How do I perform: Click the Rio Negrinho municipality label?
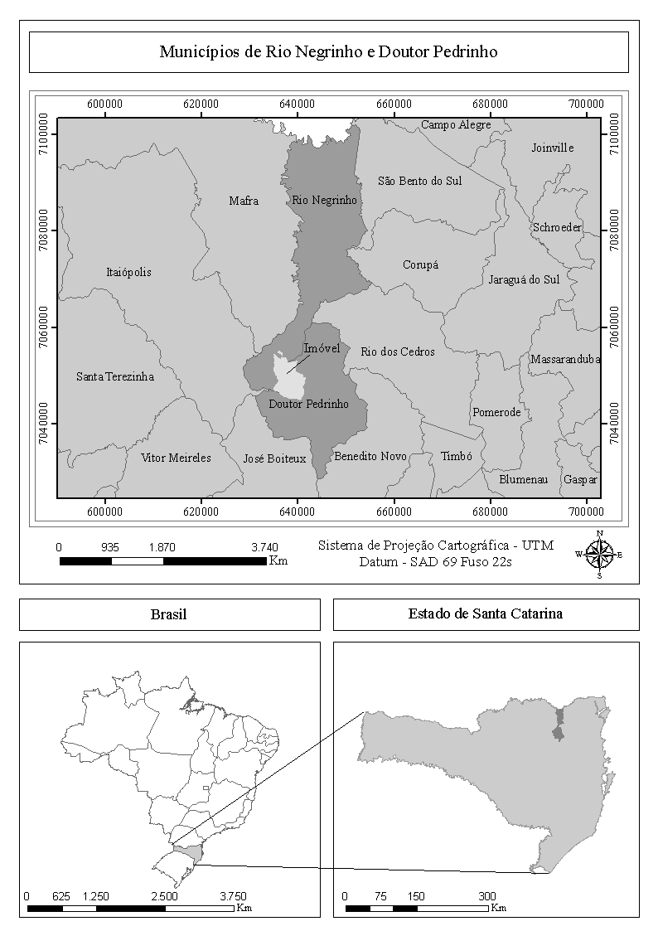tap(324, 201)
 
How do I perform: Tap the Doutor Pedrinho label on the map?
tap(308, 405)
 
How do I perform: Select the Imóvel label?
tap(322, 348)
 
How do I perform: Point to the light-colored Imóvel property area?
tap(291, 377)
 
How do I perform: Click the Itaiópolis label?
tap(129, 272)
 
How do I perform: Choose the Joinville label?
tap(552, 148)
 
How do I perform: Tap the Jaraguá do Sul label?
tap(524, 279)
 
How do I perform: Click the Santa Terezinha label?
tap(115, 376)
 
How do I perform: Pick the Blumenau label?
tap(523, 479)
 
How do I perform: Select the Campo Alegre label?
tap(456, 125)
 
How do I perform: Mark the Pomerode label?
tap(496, 412)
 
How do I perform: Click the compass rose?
tap(599, 554)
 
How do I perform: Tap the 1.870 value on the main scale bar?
tap(162, 547)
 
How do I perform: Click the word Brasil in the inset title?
tap(169, 614)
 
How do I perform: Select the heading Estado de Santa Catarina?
tap(486, 614)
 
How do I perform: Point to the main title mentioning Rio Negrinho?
tap(328, 52)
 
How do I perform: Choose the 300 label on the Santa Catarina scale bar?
tap(487, 896)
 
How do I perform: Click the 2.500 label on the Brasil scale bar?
tap(164, 896)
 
